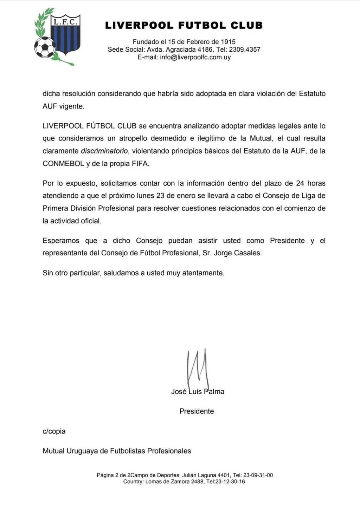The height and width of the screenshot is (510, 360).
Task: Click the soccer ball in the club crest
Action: coord(45,47)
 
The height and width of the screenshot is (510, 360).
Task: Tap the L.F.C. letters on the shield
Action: coord(65,22)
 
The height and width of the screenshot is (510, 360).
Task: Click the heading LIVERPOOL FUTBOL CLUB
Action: coord(184,25)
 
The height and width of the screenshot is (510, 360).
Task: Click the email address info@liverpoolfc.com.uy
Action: coord(195,57)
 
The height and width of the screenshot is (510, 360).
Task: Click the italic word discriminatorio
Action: coord(104,151)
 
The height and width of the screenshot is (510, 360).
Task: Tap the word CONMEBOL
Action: coord(63,164)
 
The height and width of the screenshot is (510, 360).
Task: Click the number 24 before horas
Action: coord(300,183)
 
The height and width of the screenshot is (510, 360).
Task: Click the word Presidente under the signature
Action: coord(197,411)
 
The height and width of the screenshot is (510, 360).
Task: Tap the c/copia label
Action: coord(54,431)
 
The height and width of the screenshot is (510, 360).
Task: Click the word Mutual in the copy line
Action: coord(53,451)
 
